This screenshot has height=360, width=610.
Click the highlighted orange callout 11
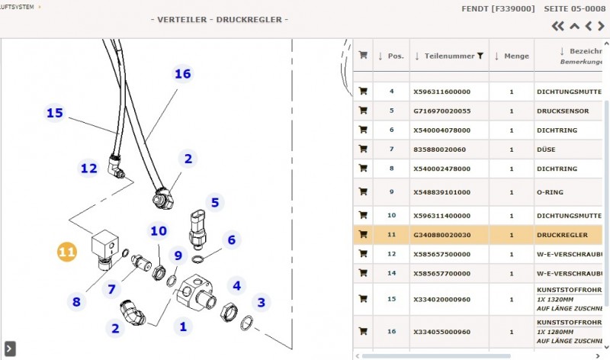tap(67, 252)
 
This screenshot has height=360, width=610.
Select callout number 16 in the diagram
tap(182, 74)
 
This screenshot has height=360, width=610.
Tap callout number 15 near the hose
tap(54, 113)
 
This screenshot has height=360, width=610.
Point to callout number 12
tap(89, 168)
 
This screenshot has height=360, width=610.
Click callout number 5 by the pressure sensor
tap(215, 202)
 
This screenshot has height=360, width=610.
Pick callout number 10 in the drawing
tap(158, 230)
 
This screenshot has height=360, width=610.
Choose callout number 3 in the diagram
tap(261, 303)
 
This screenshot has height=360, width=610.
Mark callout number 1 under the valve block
tap(182, 326)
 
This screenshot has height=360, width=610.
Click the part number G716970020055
tap(442, 111)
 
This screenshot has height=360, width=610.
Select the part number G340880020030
tap(442, 234)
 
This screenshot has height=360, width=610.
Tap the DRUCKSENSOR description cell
tap(562, 111)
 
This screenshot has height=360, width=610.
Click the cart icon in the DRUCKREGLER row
tap(363, 234)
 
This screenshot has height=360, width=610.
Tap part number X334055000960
tap(442, 332)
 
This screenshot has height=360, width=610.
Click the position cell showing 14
tap(392, 272)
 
